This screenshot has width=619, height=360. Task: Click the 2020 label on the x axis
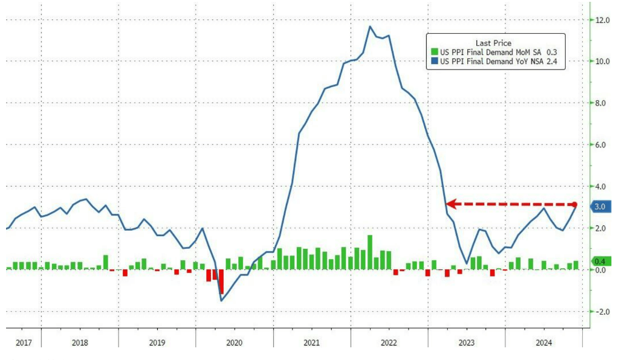click(x=234, y=342)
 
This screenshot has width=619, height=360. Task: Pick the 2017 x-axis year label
click(x=24, y=342)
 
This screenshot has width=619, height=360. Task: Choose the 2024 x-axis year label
click(x=543, y=342)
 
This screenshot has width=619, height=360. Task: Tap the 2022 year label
click(x=389, y=342)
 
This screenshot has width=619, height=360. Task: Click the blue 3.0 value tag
click(x=600, y=207)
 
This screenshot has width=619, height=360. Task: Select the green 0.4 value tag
click(x=600, y=261)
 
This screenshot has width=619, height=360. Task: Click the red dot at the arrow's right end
click(x=574, y=205)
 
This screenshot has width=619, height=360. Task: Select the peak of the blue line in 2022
click(x=370, y=26)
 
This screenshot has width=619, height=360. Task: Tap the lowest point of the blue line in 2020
click(x=221, y=300)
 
